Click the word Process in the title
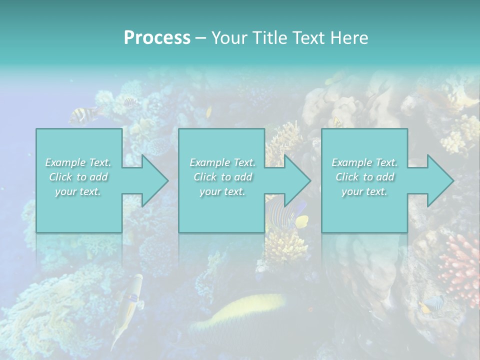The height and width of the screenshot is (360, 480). coord(157,37)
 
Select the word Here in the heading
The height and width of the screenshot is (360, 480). coord(349,37)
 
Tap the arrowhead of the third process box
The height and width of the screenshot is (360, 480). coord(439,180)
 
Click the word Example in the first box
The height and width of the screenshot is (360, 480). coord(65,162)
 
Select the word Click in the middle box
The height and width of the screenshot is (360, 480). coord(205,177)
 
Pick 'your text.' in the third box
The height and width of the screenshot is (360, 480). coord(364,191)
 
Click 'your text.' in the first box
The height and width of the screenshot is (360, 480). coord(77,191)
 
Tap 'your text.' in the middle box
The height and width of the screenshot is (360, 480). coord(222,191)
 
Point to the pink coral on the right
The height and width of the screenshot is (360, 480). coord(460,262)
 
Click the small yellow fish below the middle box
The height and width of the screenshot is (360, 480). coord(301,220)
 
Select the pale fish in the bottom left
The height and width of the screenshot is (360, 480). coord(128,302)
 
